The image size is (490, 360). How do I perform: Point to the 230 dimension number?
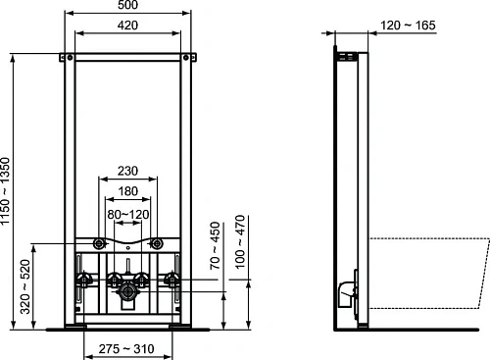click(128, 170)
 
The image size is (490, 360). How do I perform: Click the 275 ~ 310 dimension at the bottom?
click(128, 348)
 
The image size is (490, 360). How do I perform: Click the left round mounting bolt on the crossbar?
click(99, 243)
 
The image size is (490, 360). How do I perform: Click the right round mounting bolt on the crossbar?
click(157, 243)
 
